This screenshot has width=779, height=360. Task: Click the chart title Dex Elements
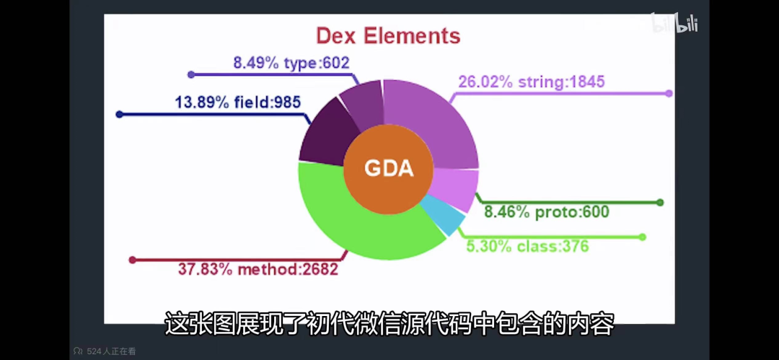388,35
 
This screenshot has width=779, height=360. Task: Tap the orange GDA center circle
388,169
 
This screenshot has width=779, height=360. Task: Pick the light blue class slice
441,214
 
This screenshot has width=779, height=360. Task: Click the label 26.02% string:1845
531,82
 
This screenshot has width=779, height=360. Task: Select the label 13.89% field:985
237,102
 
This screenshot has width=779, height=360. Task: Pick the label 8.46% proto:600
546,212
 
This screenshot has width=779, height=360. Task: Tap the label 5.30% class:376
527,246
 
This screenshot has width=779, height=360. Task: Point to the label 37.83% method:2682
258,270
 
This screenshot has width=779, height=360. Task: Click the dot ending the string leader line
669,93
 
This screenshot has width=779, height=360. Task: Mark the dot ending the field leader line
119,114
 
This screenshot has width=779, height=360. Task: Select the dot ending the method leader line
132,260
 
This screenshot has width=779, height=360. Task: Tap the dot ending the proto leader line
660,203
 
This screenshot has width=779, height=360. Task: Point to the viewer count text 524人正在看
111,352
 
